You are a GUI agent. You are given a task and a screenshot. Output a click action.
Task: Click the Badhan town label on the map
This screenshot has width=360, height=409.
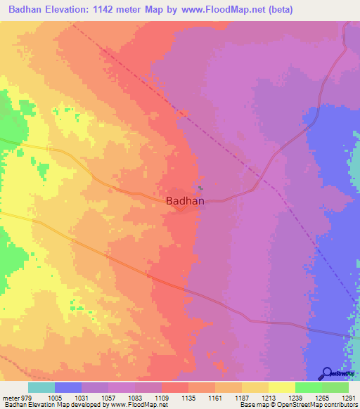pyautogui.click(x=186, y=200)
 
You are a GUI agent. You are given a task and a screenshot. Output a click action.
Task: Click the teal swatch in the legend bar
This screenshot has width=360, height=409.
pyautogui.click(x=41, y=387)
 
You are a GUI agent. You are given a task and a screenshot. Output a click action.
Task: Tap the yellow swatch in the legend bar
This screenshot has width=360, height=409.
pyautogui.click(x=281, y=387)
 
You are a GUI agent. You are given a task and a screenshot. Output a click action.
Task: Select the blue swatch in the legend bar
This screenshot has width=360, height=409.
pyautogui.click(x=68, y=387)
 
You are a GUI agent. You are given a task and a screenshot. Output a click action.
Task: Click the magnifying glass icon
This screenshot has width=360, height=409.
pyautogui.click(x=326, y=374)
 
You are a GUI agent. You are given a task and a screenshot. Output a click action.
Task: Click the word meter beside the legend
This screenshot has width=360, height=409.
pyautogui.click(x=10, y=397)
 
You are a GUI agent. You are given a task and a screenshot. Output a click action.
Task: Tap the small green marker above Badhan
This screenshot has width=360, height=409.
pyautogui.click(x=200, y=187)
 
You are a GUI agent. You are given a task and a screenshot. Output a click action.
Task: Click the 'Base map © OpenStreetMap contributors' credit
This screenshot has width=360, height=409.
pyautogui.click(x=297, y=405)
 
